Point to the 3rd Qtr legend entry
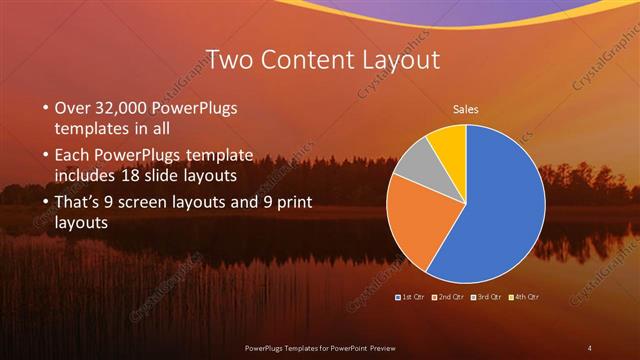coord(487,298)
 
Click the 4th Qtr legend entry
coord(524,298)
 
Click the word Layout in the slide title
coord(392,59)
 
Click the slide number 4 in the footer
coord(590,347)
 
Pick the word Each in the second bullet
coord(74,155)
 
